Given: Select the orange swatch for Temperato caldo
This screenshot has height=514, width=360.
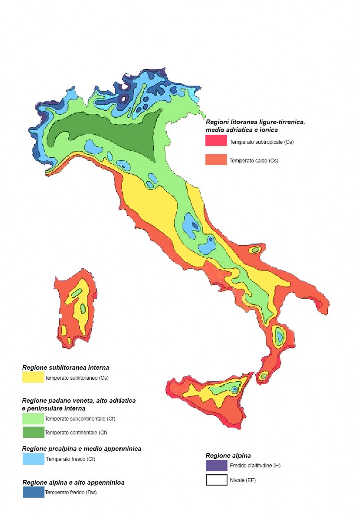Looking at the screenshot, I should click(216, 160).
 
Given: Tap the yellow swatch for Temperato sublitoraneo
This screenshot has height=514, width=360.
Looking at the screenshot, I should click(33, 377).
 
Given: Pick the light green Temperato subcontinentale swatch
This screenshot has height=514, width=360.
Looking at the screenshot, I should click(33, 418).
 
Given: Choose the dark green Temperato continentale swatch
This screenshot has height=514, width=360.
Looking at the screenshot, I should click(33, 432).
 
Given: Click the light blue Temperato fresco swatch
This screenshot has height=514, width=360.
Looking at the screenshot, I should click(33, 459).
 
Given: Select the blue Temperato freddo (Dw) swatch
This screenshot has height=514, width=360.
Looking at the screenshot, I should click(33, 492).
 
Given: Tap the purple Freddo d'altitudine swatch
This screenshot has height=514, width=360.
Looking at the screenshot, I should click(216, 465).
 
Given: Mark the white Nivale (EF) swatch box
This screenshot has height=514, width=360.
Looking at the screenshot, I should click(216, 480).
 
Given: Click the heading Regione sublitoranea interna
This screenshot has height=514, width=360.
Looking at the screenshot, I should click(65, 368).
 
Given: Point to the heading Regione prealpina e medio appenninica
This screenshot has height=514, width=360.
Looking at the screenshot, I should click(81, 448).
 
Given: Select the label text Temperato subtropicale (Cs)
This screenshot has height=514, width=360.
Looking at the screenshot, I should click(262, 142).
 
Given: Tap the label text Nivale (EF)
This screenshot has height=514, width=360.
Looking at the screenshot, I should click(244, 480).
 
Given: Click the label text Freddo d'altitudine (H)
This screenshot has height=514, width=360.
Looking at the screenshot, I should click(255, 466).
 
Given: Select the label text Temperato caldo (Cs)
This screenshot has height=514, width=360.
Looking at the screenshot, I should click(254, 161).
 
